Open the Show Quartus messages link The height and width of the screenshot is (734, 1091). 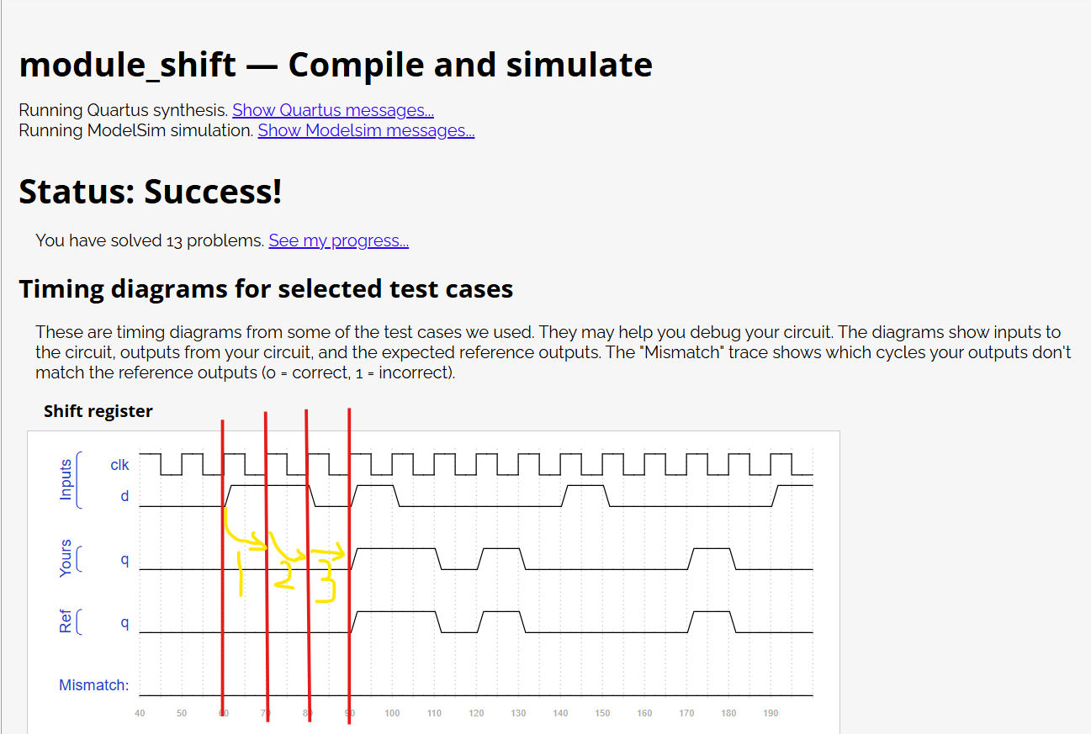click(x=333, y=110)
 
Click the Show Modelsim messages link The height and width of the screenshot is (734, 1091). click(x=366, y=130)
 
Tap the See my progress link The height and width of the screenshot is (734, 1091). click(x=338, y=240)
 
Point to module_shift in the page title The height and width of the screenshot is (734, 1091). click(x=127, y=65)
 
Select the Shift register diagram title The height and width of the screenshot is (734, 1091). click(x=98, y=411)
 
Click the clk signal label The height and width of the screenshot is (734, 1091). click(x=119, y=465)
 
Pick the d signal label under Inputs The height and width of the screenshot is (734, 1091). click(x=124, y=496)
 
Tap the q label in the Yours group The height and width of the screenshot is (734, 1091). click(x=124, y=559)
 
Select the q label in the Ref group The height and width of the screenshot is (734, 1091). click(x=124, y=622)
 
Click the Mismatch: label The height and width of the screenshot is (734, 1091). click(x=93, y=685)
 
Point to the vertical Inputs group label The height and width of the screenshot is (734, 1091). click(x=66, y=480)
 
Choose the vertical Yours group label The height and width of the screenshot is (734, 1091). click(x=66, y=559)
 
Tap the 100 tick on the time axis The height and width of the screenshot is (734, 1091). click(x=392, y=713)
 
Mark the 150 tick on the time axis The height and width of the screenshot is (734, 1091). click(x=602, y=713)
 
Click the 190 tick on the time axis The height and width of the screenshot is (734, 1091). click(x=771, y=713)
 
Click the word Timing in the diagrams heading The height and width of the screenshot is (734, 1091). click(x=61, y=289)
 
